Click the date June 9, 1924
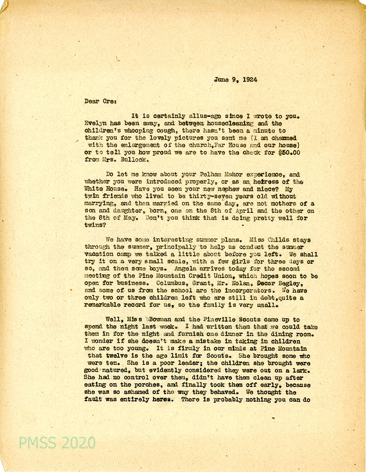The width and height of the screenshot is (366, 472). tap(235, 80)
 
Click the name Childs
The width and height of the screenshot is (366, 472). tap(274, 240)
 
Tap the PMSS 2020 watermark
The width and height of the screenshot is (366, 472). tap(57, 443)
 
